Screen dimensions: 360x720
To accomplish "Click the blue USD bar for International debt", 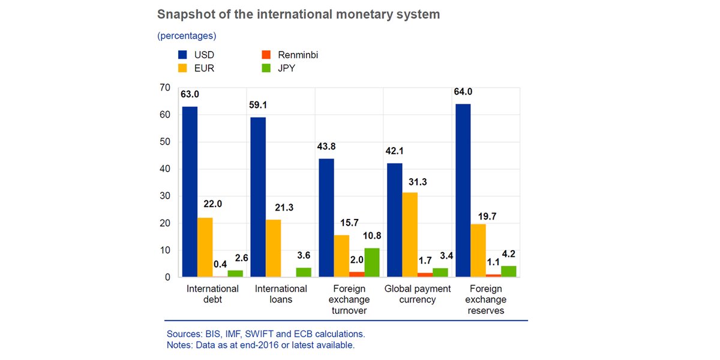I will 190,192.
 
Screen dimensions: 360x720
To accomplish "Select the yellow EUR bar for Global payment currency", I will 410,235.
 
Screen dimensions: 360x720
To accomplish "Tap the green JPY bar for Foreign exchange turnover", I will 372,263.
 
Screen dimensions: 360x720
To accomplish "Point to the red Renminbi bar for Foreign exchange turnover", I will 356,274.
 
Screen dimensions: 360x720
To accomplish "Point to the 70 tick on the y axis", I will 165,88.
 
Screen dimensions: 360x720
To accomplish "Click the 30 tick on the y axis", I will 165,196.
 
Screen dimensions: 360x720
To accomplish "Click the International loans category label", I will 281,293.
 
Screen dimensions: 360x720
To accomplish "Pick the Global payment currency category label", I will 418,293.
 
